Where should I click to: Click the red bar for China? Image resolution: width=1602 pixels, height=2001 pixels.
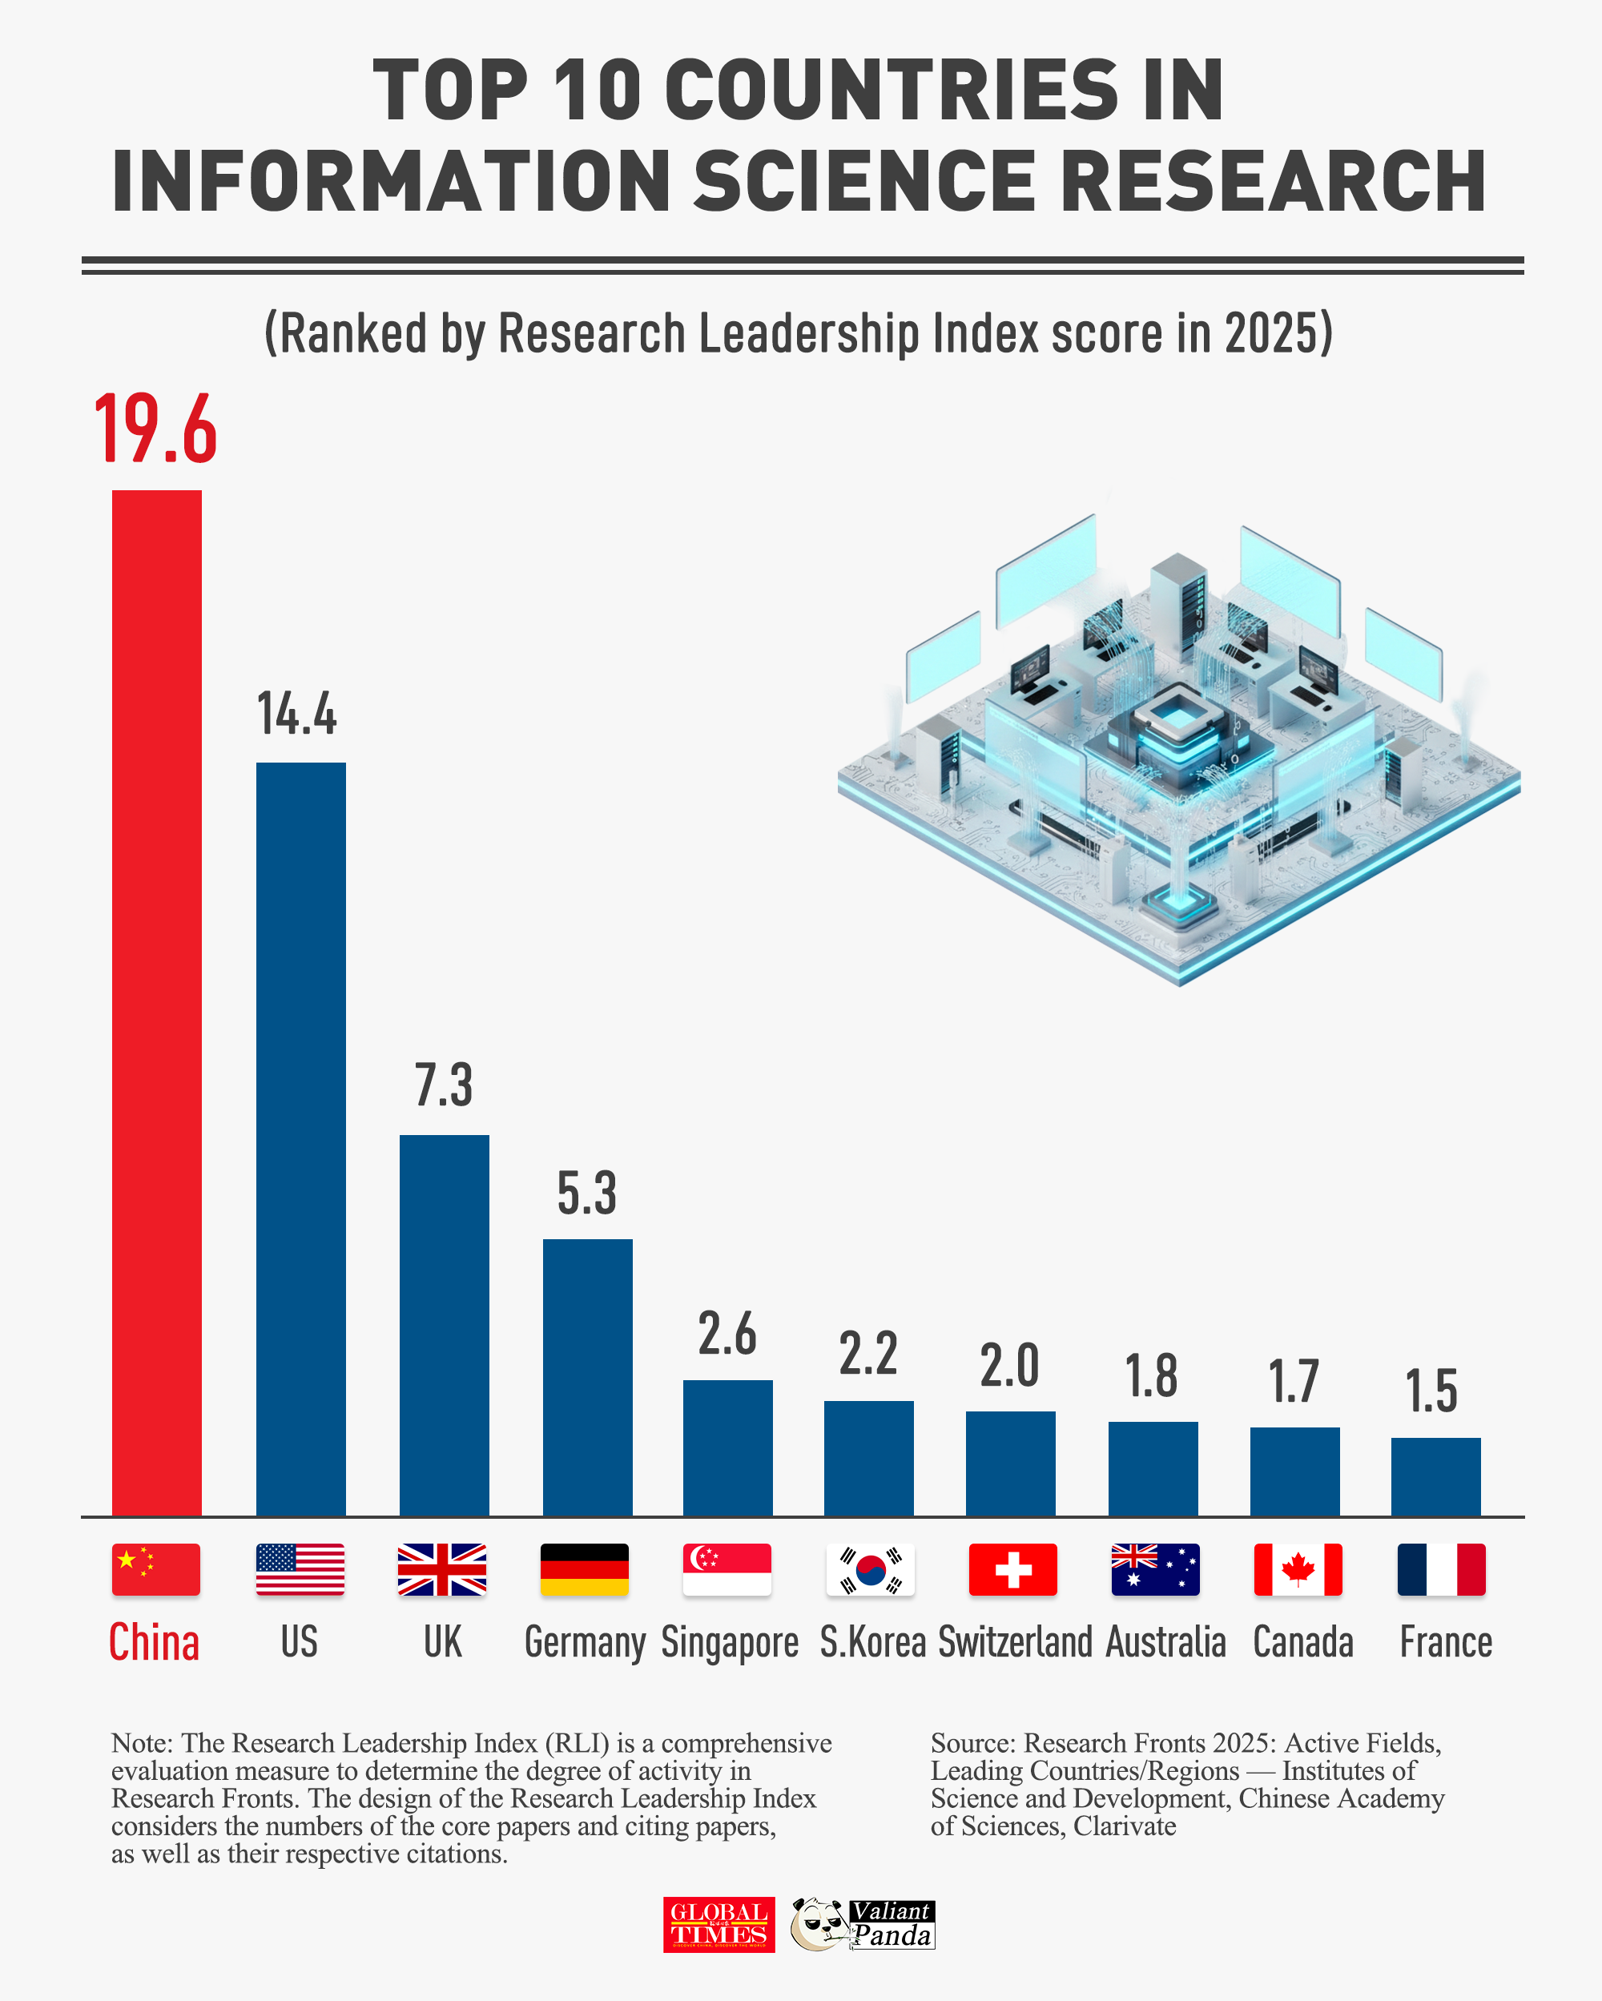156,1002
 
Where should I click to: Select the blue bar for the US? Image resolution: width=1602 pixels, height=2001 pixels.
300,1139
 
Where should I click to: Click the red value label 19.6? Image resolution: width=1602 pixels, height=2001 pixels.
155,429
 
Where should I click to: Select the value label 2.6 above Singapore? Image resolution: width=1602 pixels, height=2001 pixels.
727,1335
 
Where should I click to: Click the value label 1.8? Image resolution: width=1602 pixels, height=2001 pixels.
1152,1375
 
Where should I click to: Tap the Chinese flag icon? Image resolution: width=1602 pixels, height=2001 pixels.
156,1569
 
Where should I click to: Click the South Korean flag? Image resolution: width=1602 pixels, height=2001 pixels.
870,1569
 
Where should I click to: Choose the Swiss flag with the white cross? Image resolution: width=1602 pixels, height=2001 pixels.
1012,1569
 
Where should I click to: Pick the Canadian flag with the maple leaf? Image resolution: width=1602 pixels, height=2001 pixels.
1298,1569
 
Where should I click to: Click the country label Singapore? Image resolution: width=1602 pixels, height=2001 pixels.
730,1643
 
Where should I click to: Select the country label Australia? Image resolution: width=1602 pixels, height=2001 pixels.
1165,1643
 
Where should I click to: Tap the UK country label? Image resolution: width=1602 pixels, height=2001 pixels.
443,1643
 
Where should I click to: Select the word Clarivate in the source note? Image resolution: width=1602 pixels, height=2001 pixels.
1124,1826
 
